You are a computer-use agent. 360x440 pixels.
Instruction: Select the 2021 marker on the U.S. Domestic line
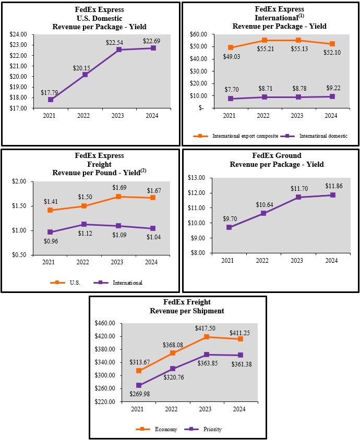[51, 100]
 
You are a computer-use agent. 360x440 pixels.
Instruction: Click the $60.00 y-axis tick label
[198, 34]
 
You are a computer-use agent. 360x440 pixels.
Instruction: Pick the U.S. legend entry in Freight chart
[68, 283]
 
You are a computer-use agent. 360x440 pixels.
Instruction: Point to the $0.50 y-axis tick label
[19, 255]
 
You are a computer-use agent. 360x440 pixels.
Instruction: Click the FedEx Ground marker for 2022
[263, 213]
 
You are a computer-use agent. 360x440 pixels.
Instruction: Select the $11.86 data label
[333, 186]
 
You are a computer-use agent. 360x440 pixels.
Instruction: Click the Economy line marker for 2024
[240, 339]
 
